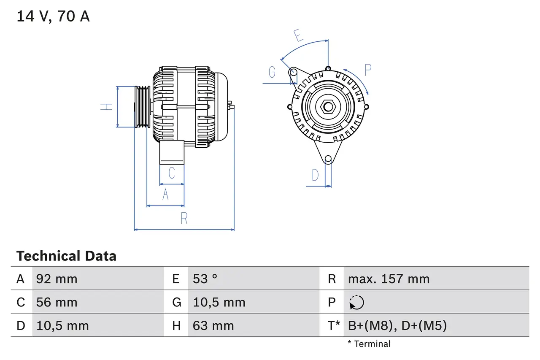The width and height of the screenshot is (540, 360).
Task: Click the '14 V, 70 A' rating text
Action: (53, 16)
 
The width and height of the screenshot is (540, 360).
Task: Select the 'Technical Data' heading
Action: (66, 256)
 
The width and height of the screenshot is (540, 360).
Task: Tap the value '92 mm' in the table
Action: (57, 279)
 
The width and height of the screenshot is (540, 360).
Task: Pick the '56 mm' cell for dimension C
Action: (57, 302)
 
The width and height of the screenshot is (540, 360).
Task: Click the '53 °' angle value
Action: (205, 279)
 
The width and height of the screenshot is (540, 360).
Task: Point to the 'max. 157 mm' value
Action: (389, 279)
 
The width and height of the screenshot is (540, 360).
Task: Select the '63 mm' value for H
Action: (213, 326)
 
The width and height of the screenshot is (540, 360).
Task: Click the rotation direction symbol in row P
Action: (356, 303)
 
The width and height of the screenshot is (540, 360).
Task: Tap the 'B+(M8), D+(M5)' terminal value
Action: (397, 326)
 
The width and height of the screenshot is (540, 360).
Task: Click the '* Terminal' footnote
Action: (369, 344)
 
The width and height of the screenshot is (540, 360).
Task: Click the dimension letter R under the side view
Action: (184, 218)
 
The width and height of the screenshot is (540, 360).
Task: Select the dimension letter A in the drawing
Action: (165, 195)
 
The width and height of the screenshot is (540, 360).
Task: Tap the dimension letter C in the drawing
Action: (171, 173)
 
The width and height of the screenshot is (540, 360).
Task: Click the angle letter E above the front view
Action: (299, 36)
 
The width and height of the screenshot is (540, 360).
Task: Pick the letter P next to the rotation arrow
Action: (368, 70)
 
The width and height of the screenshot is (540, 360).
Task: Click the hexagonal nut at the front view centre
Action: (328, 106)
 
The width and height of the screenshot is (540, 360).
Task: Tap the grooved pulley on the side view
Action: (142, 107)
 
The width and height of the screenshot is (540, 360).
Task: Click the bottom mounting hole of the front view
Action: (328, 159)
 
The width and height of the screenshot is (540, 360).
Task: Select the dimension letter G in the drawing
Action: (272, 73)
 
